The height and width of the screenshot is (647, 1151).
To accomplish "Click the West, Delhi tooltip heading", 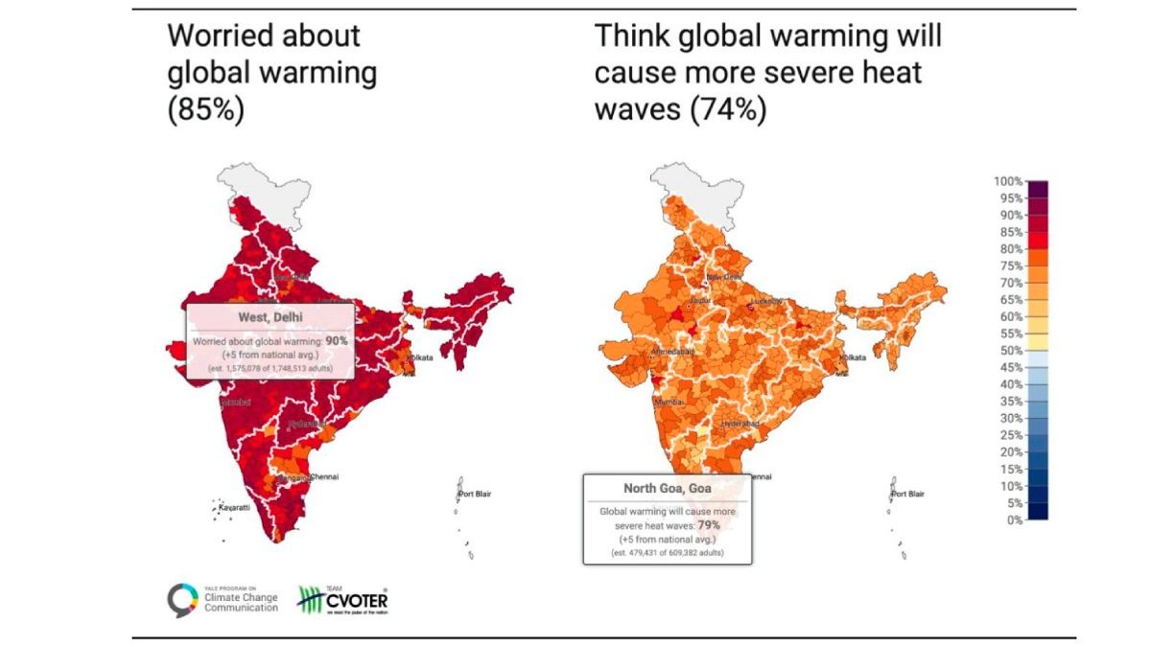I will point(270,317).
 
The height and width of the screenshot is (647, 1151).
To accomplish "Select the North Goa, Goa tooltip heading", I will point(668,487).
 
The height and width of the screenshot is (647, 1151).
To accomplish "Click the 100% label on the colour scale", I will point(1008,181).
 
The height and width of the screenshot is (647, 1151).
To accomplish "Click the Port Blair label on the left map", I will point(478,494).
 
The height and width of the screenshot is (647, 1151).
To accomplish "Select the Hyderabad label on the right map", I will point(740,423).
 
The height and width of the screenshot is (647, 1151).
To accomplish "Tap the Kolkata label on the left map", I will point(422,358).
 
